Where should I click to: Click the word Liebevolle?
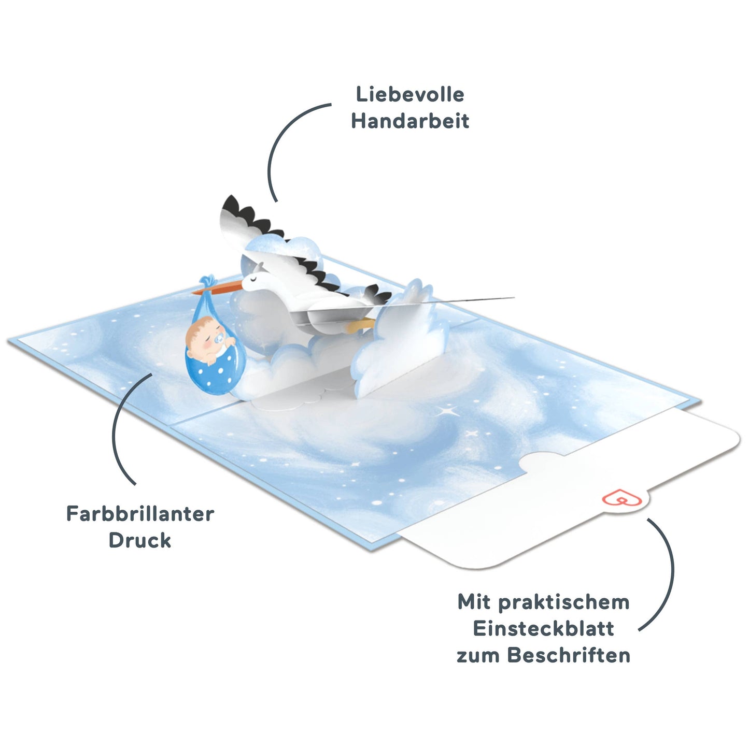[410, 94]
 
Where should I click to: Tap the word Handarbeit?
[410, 121]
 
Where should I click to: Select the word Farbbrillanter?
[140, 514]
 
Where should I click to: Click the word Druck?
[139, 540]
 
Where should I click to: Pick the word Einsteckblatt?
[543, 628]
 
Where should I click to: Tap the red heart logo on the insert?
[621, 498]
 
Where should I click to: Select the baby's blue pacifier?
[219, 339]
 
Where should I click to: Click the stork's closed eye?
[253, 278]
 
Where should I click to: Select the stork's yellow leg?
[360, 325]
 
